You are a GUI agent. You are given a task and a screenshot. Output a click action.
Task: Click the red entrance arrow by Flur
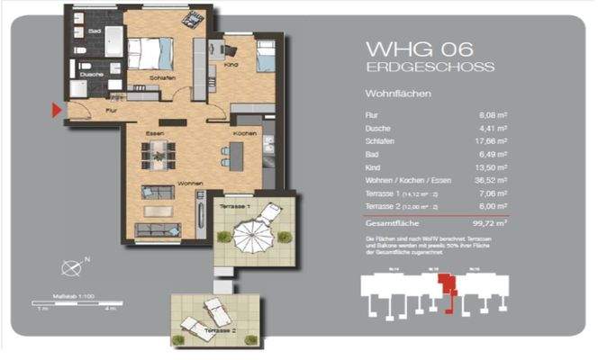pos(56,110)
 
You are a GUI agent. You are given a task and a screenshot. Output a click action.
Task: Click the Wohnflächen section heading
pos(397,94)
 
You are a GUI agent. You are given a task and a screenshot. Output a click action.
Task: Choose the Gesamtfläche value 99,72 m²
pos(490,221)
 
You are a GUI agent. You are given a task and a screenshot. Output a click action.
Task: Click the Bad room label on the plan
pos(94,31)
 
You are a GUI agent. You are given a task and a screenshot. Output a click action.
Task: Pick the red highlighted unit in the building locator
pos(442,287)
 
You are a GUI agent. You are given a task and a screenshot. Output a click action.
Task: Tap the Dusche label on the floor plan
pos(86,74)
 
